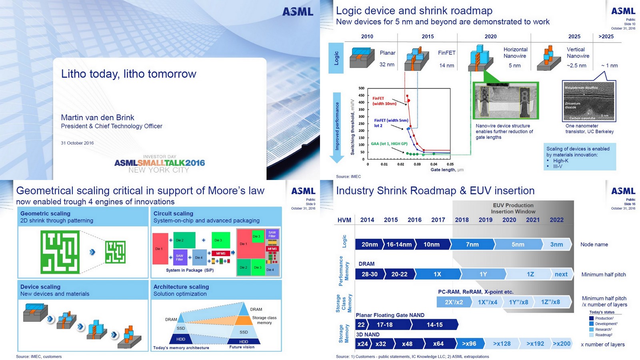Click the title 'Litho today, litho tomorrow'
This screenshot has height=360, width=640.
(128, 74)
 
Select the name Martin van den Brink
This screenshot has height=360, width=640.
(97, 118)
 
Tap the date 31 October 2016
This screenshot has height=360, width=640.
(77, 143)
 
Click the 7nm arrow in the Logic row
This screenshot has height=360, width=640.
(472, 244)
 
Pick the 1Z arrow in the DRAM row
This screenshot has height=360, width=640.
(530, 274)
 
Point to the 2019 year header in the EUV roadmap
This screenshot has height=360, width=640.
(485, 220)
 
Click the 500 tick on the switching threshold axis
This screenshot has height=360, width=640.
(361, 88)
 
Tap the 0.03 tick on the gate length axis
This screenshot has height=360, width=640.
(417, 164)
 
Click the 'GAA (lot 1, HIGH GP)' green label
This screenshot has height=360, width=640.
(389, 144)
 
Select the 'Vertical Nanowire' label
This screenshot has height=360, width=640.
(578, 53)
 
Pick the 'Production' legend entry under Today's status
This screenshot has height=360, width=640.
(604, 318)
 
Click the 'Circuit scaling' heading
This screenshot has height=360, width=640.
(173, 214)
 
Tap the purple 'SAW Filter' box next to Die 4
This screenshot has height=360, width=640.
(180, 258)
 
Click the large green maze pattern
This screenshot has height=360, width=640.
(60, 252)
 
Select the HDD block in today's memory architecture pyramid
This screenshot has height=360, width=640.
(181, 339)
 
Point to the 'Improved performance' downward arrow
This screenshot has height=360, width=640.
(337, 127)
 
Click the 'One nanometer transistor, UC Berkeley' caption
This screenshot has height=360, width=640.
(589, 128)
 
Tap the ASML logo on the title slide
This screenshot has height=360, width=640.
(298, 12)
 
